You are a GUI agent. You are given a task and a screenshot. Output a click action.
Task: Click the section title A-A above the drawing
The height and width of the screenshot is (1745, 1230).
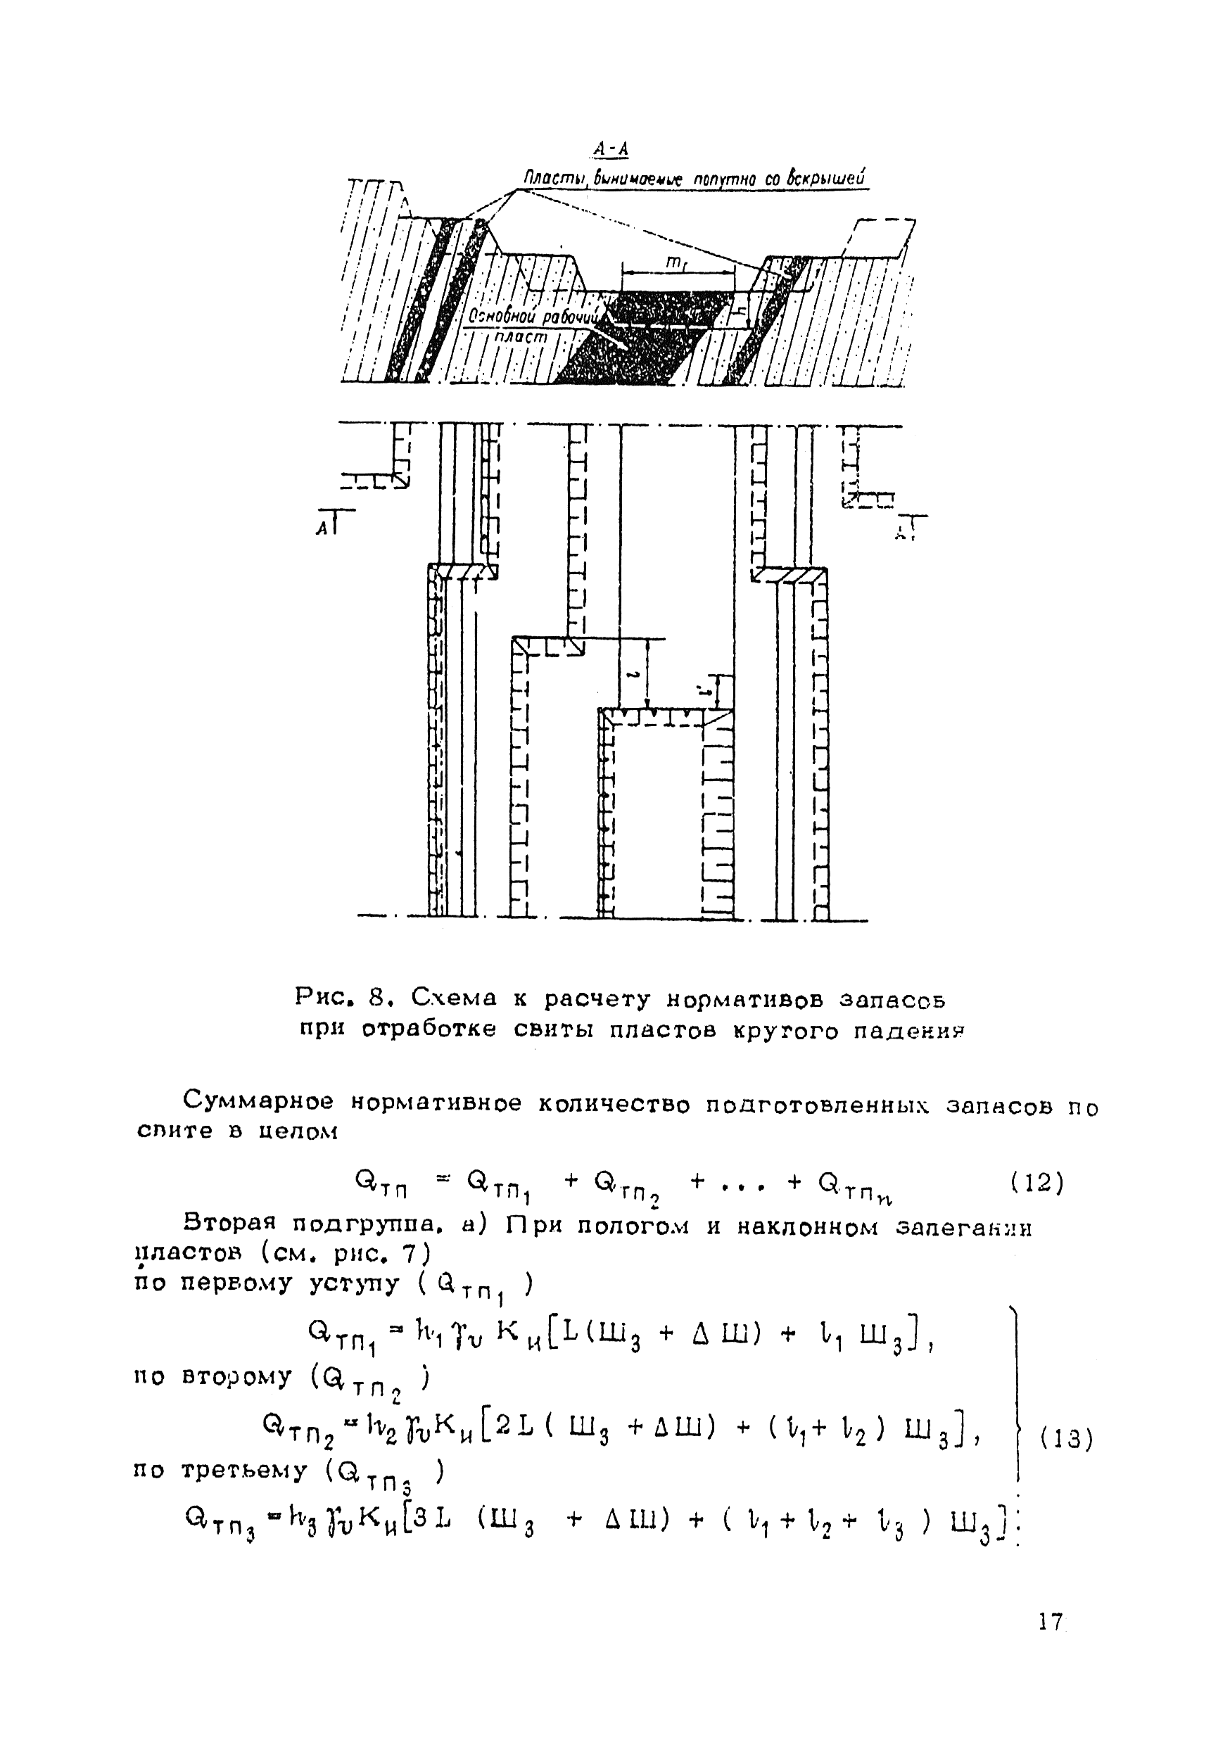(612, 150)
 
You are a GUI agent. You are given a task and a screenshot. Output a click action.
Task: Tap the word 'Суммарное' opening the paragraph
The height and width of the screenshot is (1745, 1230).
(257, 1101)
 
